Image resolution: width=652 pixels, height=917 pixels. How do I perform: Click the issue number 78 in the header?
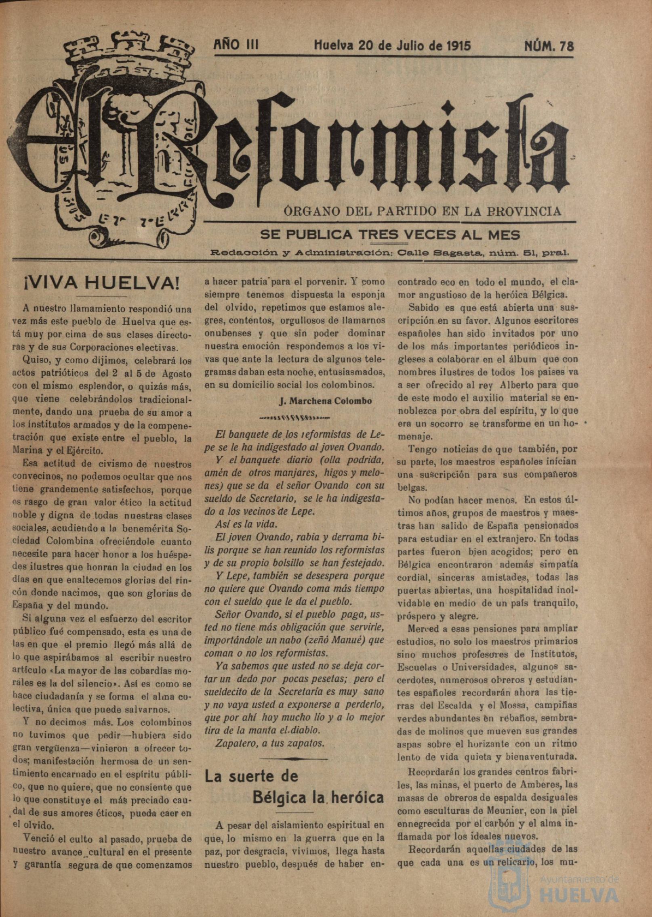[566, 46]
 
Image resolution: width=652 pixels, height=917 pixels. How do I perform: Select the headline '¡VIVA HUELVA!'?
[100, 284]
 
